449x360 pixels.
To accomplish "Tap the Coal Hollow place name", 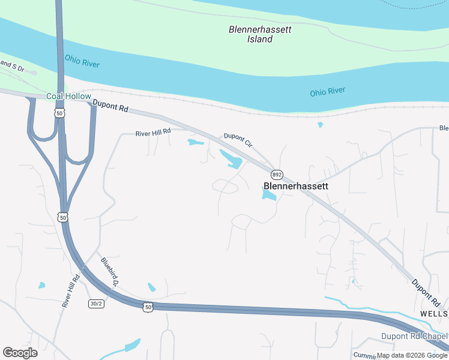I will click(69, 97).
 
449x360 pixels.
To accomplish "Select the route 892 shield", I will click(276, 175).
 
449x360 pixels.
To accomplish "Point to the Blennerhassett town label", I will click(297, 186).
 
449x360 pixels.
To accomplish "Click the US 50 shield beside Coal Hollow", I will click(59, 112).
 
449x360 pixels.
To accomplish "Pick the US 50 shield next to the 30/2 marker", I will click(148, 307).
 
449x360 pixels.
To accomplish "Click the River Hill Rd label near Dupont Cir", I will click(153, 132).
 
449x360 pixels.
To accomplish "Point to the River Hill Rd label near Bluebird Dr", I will click(71, 291).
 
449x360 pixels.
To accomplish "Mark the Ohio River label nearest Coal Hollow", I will click(82, 62).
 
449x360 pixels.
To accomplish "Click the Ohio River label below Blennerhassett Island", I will click(328, 92).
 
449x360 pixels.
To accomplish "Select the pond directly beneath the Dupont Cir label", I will click(232, 160).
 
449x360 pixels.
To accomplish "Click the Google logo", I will click(20, 353).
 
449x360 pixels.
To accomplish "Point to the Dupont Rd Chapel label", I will click(414, 337).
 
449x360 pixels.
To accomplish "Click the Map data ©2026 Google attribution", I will click(412, 355).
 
